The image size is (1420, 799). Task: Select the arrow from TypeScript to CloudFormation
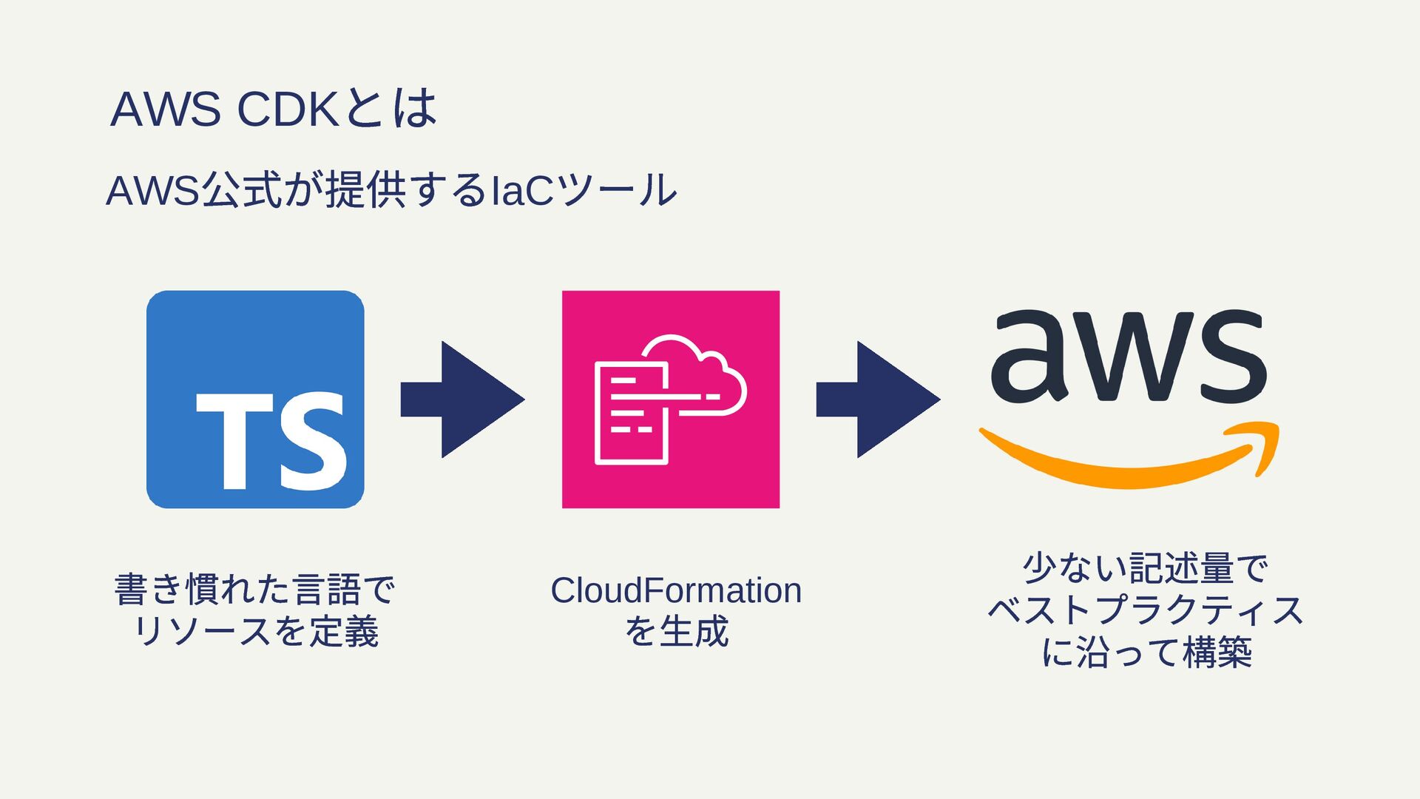tap(462, 399)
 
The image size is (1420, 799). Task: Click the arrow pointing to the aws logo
tap(878, 399)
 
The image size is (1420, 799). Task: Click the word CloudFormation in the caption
tap(676, 590)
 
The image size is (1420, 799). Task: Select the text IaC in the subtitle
tap(522, 190)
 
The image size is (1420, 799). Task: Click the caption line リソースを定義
tap(256, 631)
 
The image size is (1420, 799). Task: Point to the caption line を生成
tap(676, 631)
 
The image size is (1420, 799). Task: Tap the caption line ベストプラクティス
tap(1146, 610)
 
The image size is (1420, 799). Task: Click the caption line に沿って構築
tap(1146, 652)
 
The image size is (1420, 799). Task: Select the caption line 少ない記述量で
tap(1146, 568)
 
